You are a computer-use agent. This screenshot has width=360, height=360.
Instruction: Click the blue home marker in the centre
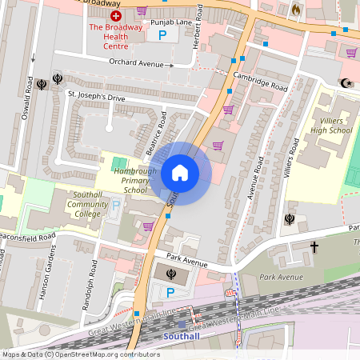(180, 172)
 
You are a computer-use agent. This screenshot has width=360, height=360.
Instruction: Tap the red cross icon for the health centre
(116, 15)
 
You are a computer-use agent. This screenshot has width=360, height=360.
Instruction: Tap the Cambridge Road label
(259, 80)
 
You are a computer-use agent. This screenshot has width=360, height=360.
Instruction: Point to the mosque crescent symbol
(346, 82)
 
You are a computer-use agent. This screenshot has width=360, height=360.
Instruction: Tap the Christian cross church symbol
(314, 248)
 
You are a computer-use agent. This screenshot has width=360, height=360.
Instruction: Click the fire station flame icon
(294, 10)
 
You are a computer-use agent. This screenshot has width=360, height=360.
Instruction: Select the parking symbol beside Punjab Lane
(163, 35)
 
